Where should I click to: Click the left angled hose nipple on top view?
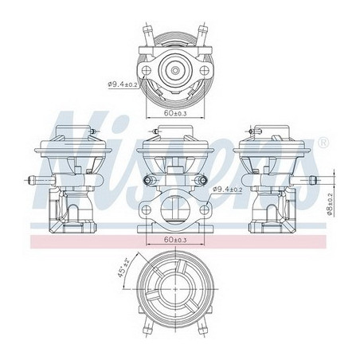pos(145,33)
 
